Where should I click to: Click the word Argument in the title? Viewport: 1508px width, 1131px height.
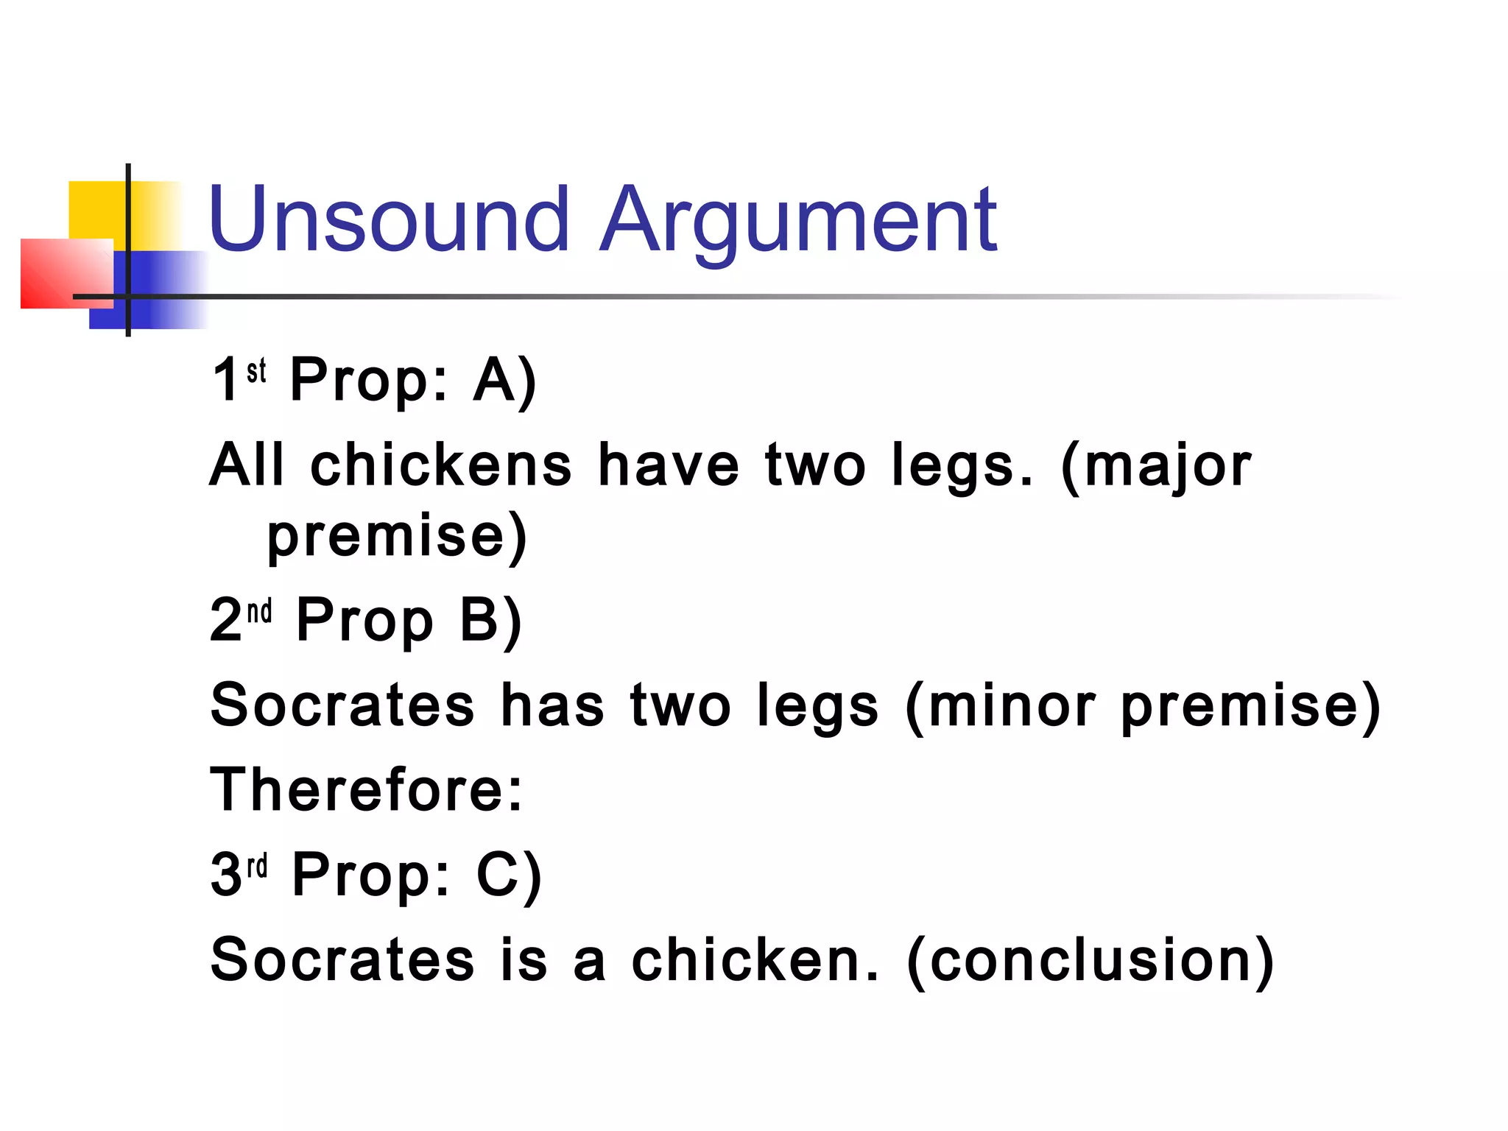tap(798, 221)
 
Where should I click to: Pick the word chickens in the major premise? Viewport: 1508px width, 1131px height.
tap(440, 465)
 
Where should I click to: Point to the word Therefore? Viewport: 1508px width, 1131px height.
tap(367, 789)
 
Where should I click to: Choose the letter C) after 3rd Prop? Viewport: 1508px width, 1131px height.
tap(509, 875)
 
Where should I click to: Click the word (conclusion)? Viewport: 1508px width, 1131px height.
tap(1091, 959)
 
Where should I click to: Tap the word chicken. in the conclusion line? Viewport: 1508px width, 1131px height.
tap(755, 959)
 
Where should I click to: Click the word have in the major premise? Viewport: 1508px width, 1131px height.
tap(668, 465)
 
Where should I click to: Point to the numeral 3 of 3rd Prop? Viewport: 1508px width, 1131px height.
tap(225, 875)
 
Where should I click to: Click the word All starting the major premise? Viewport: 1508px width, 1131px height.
tap(247, 465)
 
